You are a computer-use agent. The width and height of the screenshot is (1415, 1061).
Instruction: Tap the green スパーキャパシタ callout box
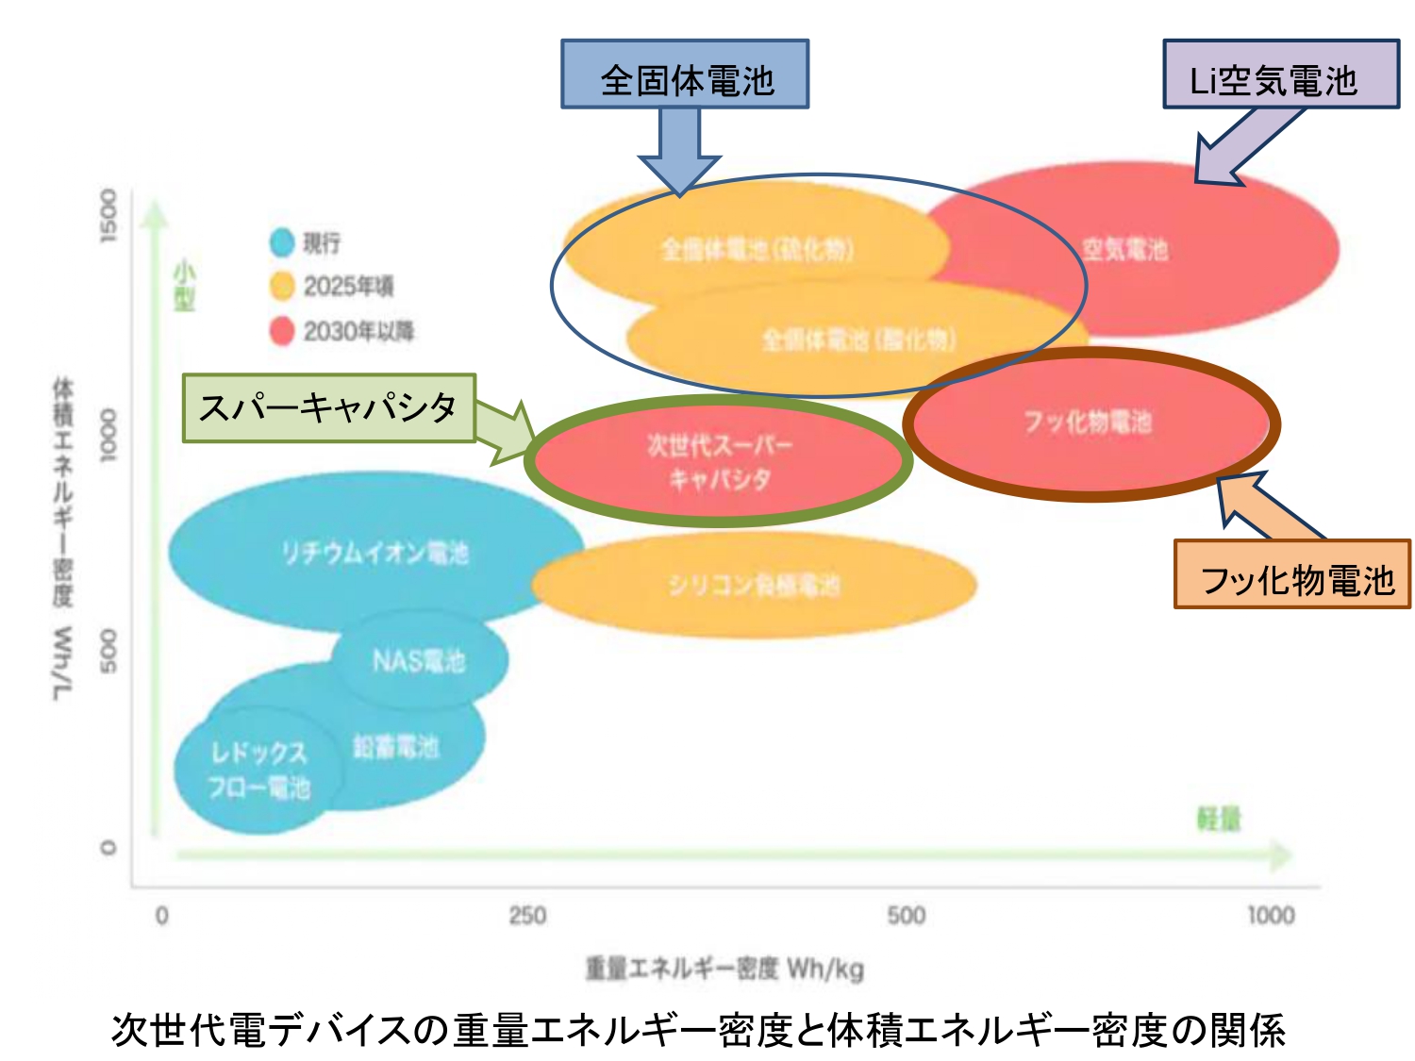328,408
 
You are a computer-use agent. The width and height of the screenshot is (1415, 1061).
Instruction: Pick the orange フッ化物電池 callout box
1291,574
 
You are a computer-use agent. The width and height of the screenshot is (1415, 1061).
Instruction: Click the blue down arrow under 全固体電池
680,151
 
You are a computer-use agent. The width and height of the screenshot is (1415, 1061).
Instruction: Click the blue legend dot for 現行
282,242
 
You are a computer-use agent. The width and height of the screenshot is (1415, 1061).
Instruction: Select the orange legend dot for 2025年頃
282,286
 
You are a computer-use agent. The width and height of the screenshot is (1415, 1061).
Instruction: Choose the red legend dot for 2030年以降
282,330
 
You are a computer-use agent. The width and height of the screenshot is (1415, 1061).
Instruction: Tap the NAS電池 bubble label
419,660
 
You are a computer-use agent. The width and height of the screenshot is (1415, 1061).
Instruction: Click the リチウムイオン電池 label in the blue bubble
375,552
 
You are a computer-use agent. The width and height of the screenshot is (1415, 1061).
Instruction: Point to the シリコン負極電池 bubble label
753,585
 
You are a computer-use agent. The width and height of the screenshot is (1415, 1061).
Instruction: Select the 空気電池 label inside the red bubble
1124,249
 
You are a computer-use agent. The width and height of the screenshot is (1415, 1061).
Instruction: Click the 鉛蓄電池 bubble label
395,747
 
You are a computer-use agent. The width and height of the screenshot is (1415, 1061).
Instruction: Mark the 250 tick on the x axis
527,915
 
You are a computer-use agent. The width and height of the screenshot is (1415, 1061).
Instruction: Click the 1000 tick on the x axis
1270,915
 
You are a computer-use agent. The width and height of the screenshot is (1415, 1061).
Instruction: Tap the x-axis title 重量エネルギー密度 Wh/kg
724,968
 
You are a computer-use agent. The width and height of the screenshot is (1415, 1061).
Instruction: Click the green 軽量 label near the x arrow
1219,820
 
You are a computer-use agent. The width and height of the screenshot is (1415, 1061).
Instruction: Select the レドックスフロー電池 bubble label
258,770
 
